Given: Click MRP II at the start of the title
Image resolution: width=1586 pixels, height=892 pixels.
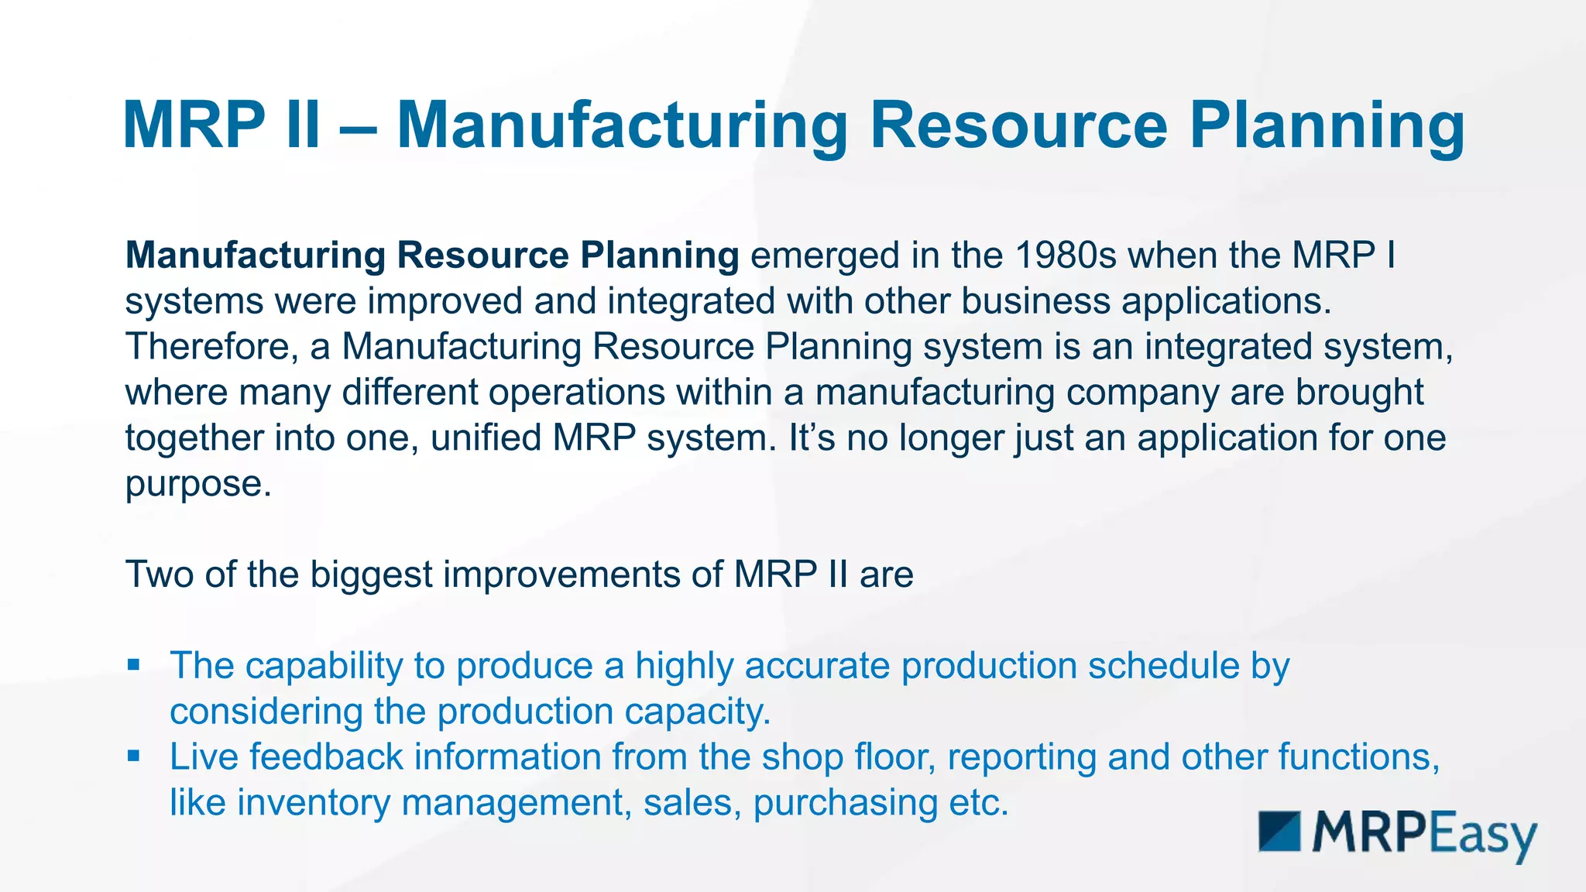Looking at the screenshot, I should (x=221, y=125).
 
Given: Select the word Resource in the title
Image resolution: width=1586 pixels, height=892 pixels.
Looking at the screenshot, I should (x=1018, y=125).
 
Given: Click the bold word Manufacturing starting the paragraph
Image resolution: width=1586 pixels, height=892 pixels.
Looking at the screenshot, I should (x=256, y=256).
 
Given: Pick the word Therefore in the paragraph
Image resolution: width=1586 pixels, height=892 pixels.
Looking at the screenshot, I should (x=208, y=347).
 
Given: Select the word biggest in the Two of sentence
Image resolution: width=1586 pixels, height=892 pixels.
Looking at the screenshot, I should (x=371, y=575).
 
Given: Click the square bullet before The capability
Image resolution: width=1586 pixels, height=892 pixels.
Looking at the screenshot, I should (x=134, y=664).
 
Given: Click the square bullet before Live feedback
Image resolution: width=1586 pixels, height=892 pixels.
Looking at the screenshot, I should (x=134, y=756).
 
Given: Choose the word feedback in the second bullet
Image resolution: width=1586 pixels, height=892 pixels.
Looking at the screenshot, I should (x=326, y=757).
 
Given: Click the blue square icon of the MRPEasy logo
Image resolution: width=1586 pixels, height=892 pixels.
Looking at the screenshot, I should (x=1279, y=832).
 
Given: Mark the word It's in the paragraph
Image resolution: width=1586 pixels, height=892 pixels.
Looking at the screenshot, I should (x=812, y=438).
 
